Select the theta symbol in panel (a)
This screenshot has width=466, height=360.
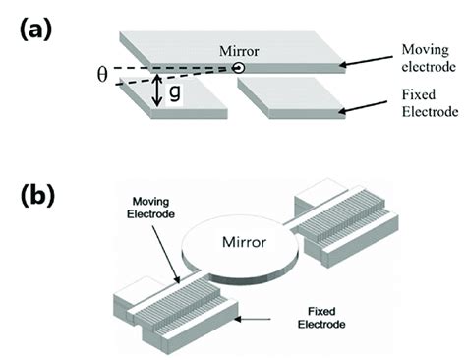click(101, 75)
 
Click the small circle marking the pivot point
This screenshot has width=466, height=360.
click(239, 69)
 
